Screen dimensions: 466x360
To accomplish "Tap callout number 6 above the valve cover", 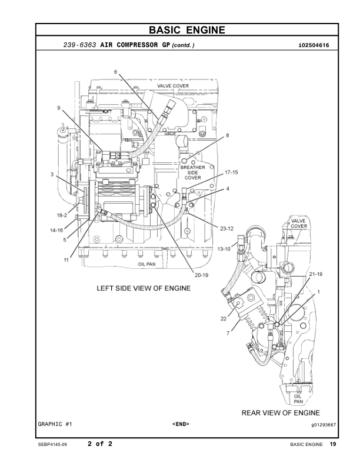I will coord(116,72).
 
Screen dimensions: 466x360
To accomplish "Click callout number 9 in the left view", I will coord(59,108).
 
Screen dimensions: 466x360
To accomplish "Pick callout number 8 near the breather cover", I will coord(227,135).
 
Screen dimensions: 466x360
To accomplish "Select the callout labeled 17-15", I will coord(231,172).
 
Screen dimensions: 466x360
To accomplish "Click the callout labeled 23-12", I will coord(227,228).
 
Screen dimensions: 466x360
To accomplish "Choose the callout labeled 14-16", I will coord(56,230).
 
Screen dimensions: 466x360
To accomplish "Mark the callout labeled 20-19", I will coord(202,275).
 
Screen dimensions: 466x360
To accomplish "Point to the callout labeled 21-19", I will coord(316,275).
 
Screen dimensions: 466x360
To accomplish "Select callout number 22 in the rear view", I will coord(224,318).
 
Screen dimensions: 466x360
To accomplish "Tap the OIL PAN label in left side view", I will coord(146,265).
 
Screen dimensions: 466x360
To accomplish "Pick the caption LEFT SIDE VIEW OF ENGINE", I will coord(144,288).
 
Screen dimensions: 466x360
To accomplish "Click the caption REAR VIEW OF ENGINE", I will coord(281,412).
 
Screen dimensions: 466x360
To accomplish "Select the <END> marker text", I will coord(181,424).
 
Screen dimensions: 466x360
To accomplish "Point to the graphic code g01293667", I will coord(323,424).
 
